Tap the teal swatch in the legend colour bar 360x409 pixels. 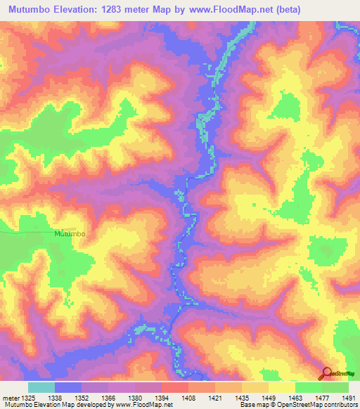(x=41, y=387)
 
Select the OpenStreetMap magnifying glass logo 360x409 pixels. (x=327, y=374)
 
